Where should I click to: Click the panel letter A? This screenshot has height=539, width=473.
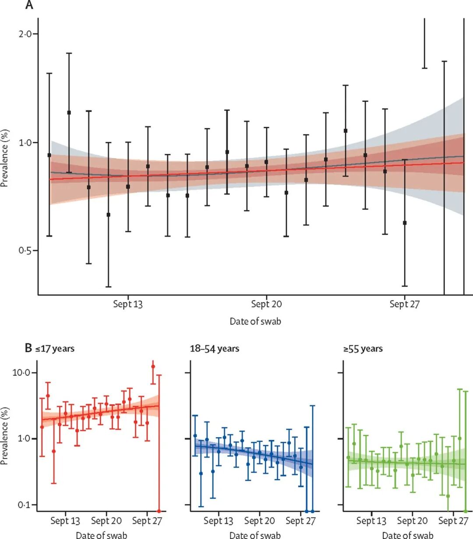click(29, 5)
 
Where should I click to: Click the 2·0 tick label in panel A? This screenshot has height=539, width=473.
click(28, 34)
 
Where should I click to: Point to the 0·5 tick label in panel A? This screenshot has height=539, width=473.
click(28, 251)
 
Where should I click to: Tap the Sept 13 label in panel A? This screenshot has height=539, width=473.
click(128, 304)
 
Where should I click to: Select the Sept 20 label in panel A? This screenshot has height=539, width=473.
click(266, 304)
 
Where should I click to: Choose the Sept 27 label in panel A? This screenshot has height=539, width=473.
click(405, 304)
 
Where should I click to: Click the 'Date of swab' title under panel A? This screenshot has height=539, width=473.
click(255, 321)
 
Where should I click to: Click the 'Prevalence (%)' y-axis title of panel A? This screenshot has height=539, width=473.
click(5, 158)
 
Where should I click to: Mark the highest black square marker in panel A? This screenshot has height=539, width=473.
click(69, 113)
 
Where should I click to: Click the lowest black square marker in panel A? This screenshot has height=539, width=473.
click(405, 223)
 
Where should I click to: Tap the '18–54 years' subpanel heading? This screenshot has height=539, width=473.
click(214, 349)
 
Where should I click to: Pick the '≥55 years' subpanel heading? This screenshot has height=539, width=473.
click(363, 349)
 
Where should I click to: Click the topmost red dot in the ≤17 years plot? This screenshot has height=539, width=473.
click(153, 366)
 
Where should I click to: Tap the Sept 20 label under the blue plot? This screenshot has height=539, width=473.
click(259, 521)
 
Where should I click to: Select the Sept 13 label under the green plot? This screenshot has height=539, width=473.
click(371, 521)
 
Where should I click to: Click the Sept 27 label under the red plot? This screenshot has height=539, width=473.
click(147, 521)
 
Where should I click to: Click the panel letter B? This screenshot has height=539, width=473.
click(28, 349)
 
